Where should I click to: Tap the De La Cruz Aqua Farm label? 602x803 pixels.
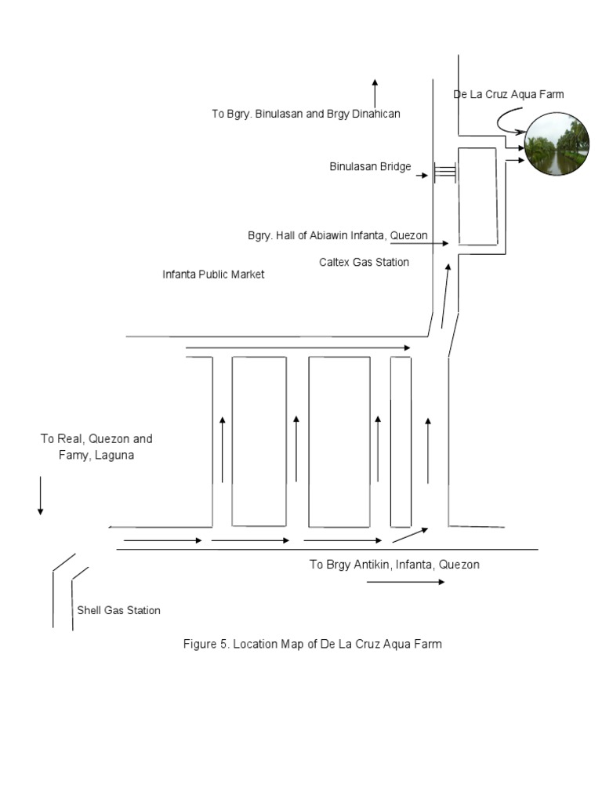[509, 95]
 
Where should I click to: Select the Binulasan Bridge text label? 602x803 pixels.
[370, 167]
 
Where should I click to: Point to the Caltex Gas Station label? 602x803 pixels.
[364, 263]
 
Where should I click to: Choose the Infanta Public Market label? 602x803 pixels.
[213, 274]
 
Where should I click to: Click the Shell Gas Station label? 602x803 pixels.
[118, 610]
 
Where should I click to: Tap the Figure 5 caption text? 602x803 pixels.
[313, 644]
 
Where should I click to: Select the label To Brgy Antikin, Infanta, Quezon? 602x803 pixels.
[394, 565]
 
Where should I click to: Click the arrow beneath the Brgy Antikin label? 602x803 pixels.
[405, 582]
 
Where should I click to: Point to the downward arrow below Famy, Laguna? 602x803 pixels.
[41, 496]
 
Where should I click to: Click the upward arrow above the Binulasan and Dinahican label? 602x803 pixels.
[375, 92]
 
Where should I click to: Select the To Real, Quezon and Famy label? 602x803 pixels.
[96, 447]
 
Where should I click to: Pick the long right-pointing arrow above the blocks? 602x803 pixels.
[298, 347]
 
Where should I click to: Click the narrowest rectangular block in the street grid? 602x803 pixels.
[401, 441]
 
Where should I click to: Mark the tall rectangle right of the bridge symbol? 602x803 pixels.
[477, 196]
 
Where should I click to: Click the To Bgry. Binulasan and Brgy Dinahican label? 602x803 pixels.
[306, 114]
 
